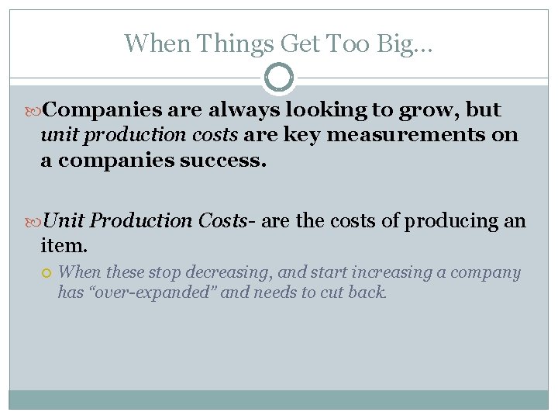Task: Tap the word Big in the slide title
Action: [x=405, y=43]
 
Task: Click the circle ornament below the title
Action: [x=279, y=78]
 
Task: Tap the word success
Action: [x=229, y=161]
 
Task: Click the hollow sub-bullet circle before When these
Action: [x=46, y=272]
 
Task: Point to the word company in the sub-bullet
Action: [x=486, y=272]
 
